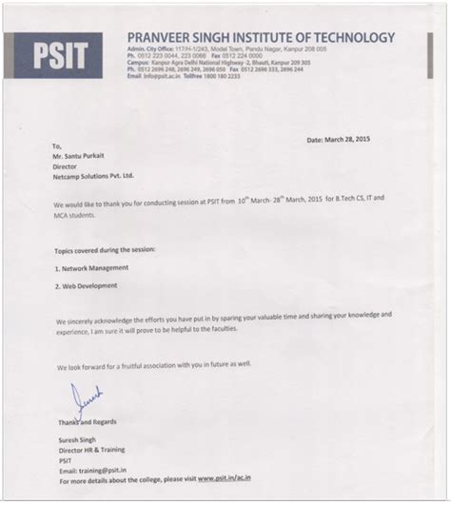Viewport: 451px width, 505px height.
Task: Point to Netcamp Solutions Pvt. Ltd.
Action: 94,176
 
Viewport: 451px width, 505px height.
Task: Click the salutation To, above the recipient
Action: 57,146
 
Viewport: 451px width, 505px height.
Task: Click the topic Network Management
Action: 91,268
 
